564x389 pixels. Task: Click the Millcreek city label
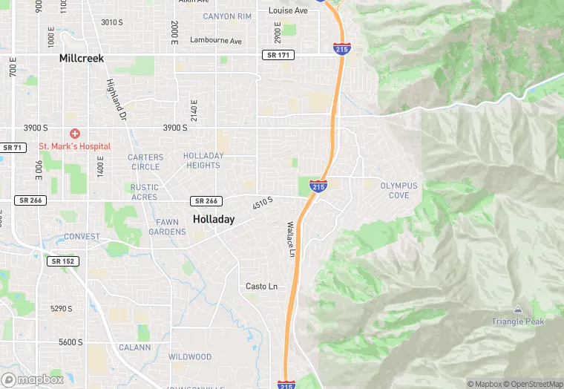tap(82, 58)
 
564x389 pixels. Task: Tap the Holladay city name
tap(214, 219)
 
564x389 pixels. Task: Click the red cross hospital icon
tap(74, 134)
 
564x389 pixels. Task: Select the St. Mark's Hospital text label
tap(74, 147)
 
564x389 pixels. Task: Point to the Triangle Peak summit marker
tap(517, 310)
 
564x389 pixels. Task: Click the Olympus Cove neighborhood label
tap(399, 190)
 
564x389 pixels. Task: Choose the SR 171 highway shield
tap(278, 55)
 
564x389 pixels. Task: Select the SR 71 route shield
tap(13, 148)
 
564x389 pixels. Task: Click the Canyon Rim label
tap(228, 16)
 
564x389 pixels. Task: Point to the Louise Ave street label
tap(288, 11)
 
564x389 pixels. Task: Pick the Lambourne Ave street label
tap(216, 40)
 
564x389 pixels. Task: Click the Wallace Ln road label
tap(291, 239)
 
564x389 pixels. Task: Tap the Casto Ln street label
tap(261, 287)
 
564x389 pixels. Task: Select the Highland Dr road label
tap(117, 99)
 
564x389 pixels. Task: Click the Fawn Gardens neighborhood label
tap(167, 226)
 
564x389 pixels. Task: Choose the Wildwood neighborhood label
tap(189, 357)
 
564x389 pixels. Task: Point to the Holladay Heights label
tap(203, 160)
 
